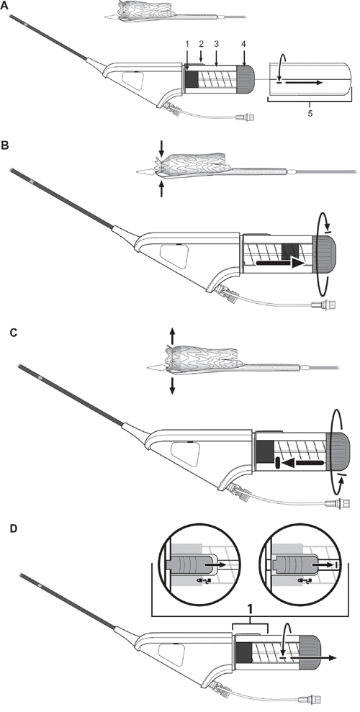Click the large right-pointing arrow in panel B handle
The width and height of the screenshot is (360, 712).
tap(279, 265)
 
